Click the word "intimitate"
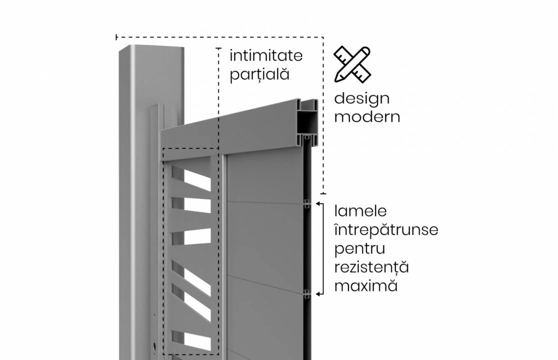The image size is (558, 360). pos(266,55)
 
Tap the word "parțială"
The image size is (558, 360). pos(259,74)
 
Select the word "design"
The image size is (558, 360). pos(361,98)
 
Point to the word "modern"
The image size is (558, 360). pos(367,116)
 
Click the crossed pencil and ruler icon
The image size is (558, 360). pos(352,63)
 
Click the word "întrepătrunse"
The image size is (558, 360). pos(386,230)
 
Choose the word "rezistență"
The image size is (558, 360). pos(371,267)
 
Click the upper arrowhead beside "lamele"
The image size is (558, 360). pos(320,204)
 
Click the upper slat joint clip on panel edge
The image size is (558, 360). pos(307,204)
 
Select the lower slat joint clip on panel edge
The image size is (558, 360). pos(307,294)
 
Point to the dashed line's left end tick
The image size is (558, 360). pos(116,37)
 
